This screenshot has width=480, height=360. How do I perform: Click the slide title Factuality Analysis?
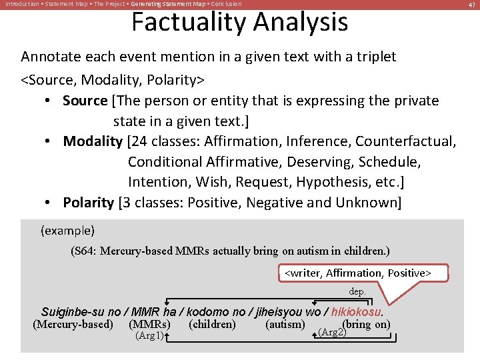tap(239, 22)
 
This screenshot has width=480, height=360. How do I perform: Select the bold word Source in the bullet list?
tap(85, 101)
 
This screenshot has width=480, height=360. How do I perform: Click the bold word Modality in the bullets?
tap(93, 141)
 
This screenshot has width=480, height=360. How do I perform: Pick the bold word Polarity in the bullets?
tap(89, 202)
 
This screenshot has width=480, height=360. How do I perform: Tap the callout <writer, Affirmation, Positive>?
tap(358, 273)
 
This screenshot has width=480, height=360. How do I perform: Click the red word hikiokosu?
tap(357, 312)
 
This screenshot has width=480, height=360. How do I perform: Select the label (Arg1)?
tap(149, 335)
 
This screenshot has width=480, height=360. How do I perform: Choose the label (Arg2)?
tap(333, 331)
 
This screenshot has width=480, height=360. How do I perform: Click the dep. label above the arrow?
tap(357, 291)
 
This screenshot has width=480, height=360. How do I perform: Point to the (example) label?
tap(67, 231)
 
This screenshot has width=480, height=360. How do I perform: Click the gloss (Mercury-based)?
tap(73, 325)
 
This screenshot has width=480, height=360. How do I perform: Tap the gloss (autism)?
tap(285, 325)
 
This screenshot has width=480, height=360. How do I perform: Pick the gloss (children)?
tap(212, 325)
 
